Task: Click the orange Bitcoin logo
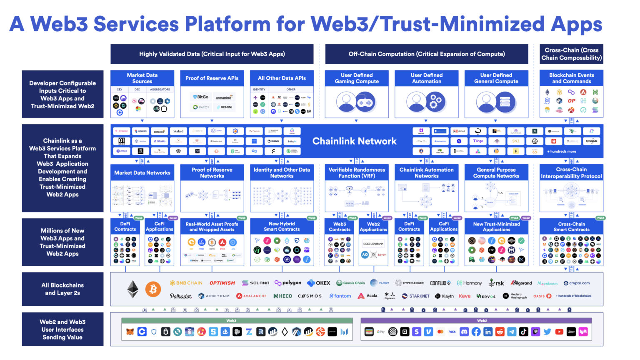tap(153, 289)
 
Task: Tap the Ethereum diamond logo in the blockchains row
tap(133, 289)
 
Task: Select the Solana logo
tap(256, 283)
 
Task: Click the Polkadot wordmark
tap(181, 296)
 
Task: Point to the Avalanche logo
tap(251, 296)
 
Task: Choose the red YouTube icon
tap(559, 332)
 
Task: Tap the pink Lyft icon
tap(583, 332)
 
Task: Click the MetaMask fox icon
tap(130, 332)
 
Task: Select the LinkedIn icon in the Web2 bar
tap(488, 332)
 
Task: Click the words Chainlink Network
tap(355, 141)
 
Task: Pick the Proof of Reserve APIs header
tap(212, 78)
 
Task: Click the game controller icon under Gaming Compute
tap(365, 102)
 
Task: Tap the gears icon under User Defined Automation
tap(435, 102)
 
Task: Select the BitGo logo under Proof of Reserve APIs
tap(200, 97)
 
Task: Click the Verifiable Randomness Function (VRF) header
tap(357, 173)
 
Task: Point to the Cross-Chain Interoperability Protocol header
tap(571, 173)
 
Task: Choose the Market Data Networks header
tap(142, 172)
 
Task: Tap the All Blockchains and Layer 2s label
tap(62, 289)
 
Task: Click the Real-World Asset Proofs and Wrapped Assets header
tap(212, 227)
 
